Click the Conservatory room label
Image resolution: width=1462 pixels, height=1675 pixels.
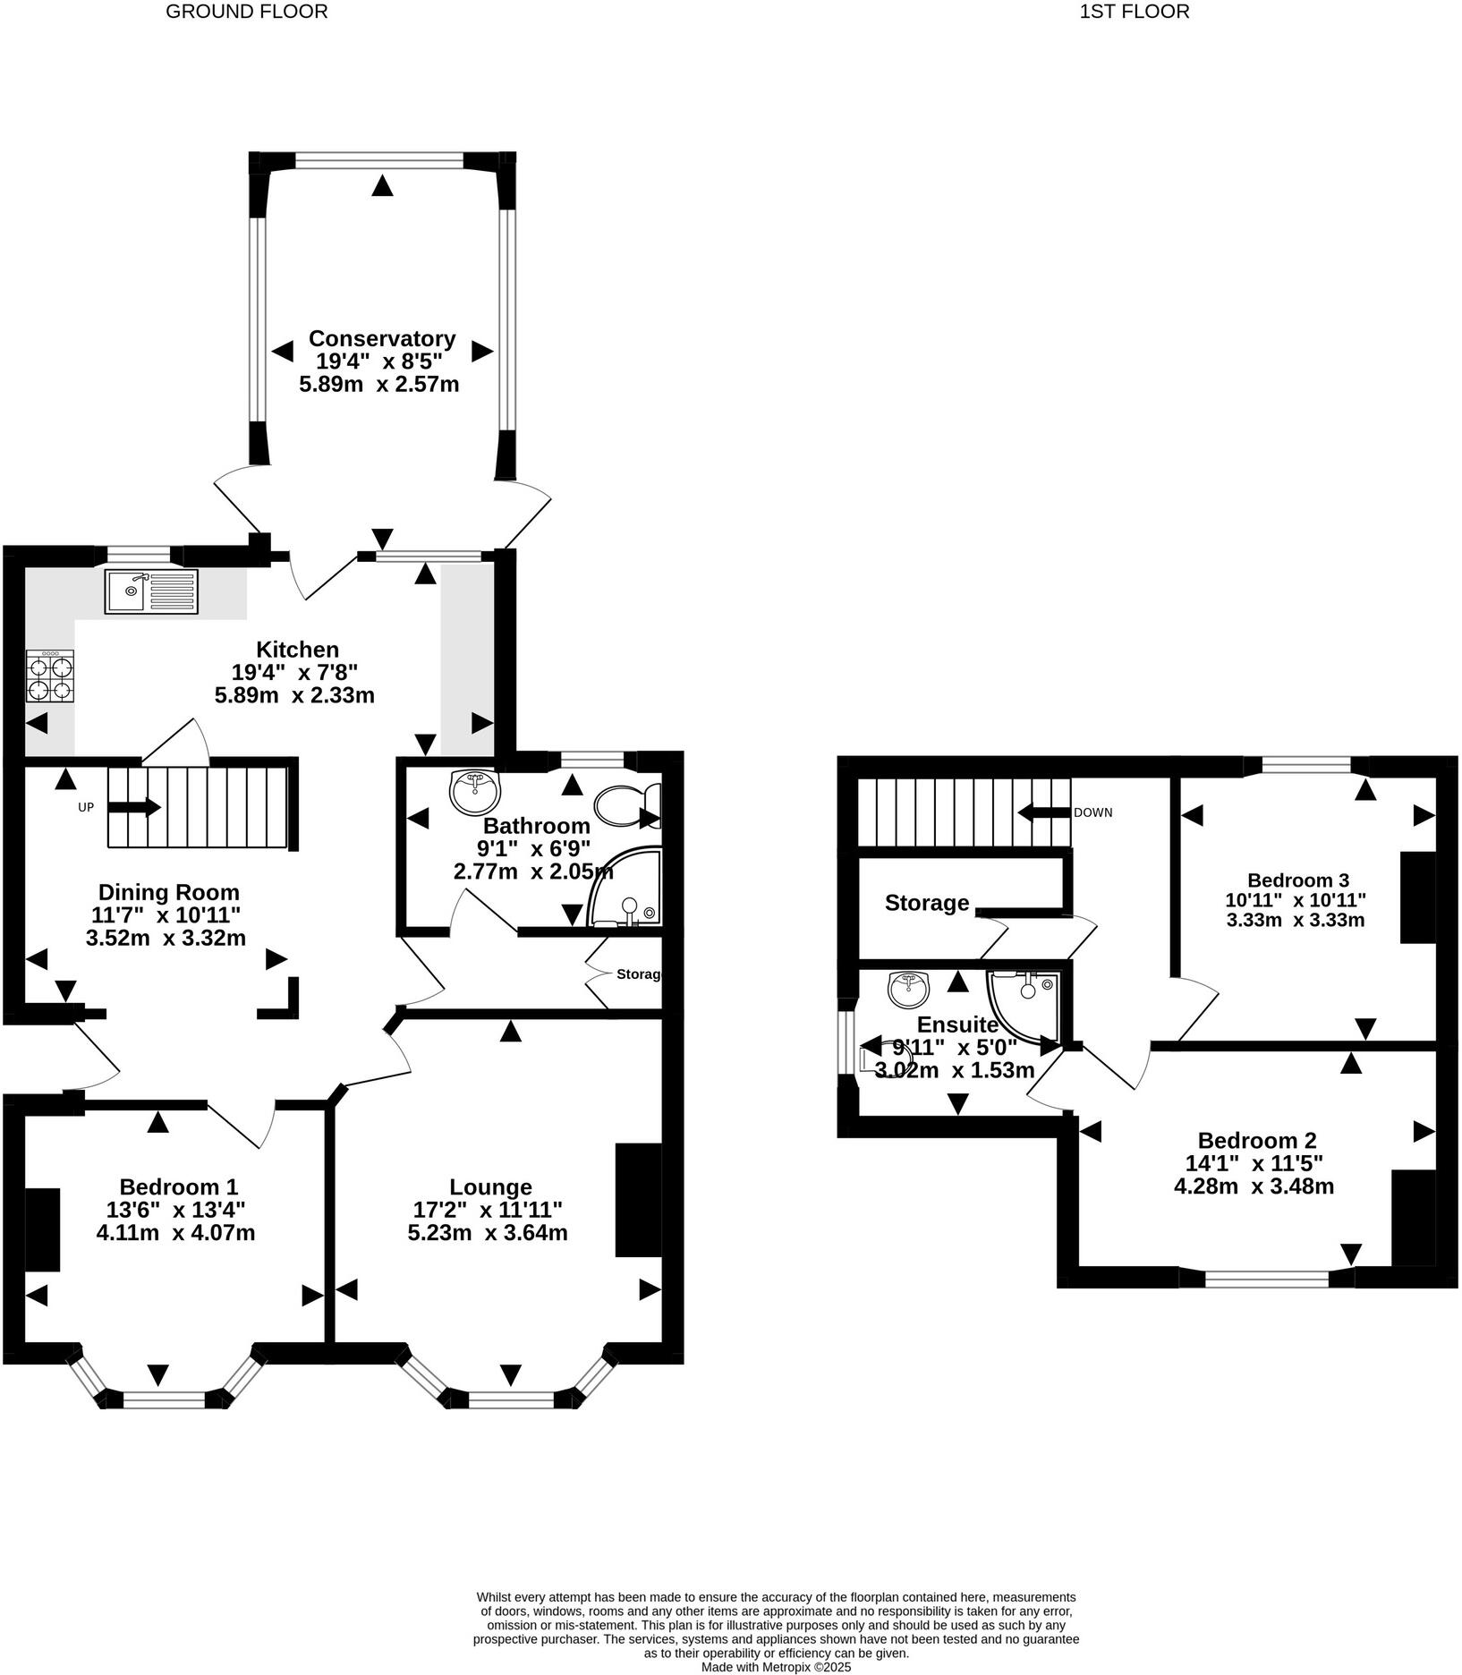click(382, 339)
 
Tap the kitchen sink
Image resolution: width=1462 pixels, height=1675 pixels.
click(151, 591)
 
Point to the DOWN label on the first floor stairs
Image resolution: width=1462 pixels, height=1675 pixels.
click(1092, 812)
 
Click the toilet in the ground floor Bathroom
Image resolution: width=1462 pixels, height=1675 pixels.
click(627, 804)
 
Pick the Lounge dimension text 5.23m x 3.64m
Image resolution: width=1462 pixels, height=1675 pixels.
click(490, 1233)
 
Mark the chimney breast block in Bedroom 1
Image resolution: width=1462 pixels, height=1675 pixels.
click(42, 1229)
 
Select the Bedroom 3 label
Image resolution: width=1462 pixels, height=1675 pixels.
click(1297, 880)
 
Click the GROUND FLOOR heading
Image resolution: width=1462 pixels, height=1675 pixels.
click(247, 12)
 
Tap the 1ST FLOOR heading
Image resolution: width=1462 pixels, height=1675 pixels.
click(1135, 12)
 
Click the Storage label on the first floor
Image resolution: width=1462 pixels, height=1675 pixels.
click(927, 903)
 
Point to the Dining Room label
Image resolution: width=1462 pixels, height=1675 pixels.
click(168, 892)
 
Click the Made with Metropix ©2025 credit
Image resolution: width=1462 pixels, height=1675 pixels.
click(776, 1667)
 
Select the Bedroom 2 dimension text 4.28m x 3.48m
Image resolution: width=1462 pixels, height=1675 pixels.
click(1254, 1186)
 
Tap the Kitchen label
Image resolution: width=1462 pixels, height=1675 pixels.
click(298, 650)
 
